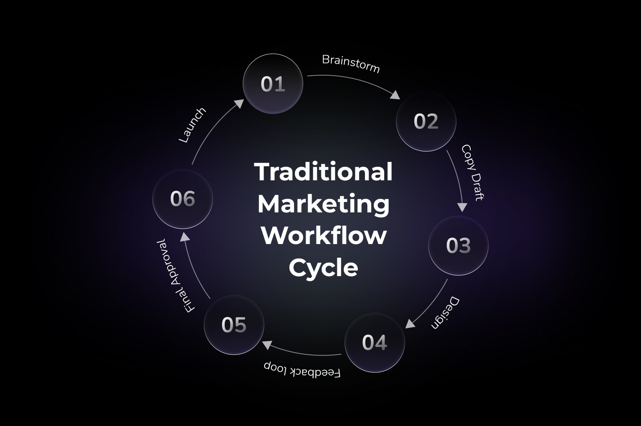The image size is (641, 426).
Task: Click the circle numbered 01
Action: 273,84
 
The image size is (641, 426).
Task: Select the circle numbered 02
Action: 426,121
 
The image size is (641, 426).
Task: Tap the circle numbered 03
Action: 458,245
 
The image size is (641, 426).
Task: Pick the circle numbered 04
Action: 375,343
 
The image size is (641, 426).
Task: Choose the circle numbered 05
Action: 234,325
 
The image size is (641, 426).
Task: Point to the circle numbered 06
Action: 183,199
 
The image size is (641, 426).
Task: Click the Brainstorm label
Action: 351,64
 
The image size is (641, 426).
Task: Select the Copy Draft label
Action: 473,172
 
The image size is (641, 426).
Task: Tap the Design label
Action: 445,313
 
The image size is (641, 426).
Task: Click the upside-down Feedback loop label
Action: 302,369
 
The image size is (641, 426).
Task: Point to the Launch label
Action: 192,125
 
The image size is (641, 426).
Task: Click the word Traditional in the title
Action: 323,172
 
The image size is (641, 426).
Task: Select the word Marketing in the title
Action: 323,204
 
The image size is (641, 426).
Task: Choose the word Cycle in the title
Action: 323,267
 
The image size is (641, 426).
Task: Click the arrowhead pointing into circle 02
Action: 395,95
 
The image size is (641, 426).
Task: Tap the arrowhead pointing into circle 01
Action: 239,103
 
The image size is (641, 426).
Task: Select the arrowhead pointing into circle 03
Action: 462,207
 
